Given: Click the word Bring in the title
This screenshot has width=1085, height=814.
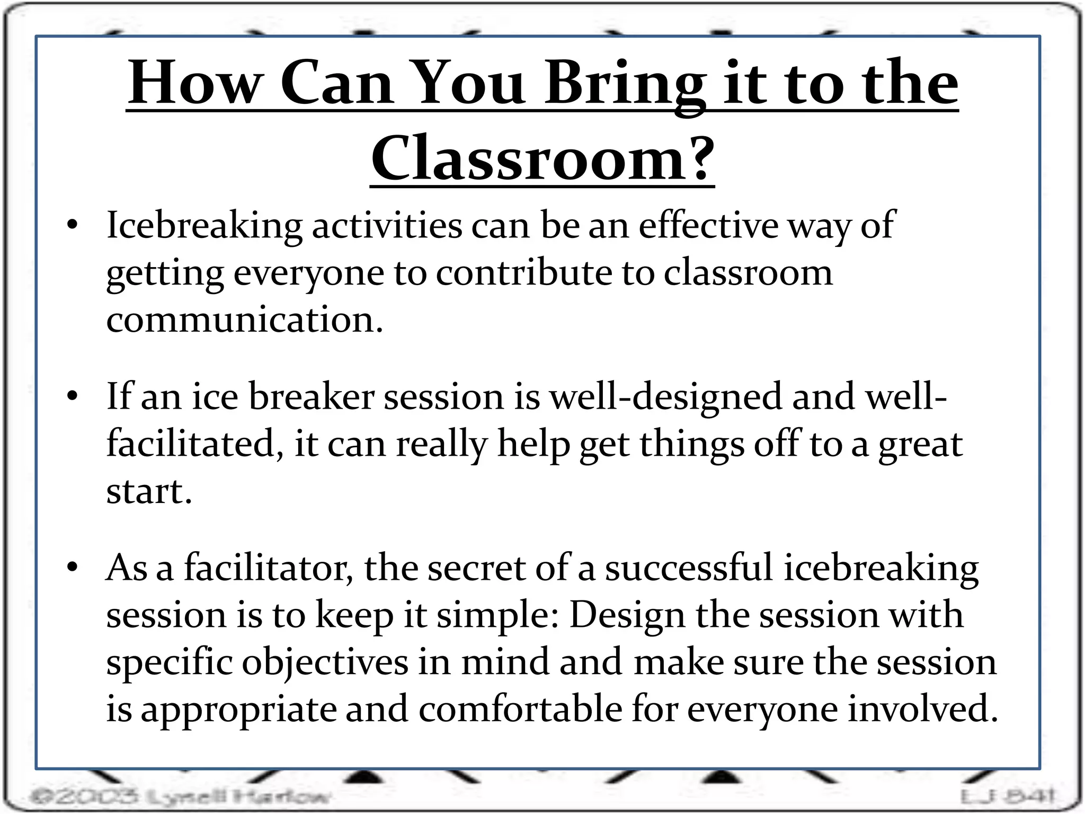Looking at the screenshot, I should point(626,85).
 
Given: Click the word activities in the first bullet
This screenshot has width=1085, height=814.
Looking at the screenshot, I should point(387,225).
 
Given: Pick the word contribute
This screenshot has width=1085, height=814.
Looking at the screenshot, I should point(523,273).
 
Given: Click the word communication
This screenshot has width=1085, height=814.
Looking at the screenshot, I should point(244,320).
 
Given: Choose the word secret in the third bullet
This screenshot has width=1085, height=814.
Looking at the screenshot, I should point(476,568).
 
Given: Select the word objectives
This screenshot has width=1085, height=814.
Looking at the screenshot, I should point(325,663).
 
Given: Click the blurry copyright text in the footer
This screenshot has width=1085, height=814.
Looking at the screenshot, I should point(180,797).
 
